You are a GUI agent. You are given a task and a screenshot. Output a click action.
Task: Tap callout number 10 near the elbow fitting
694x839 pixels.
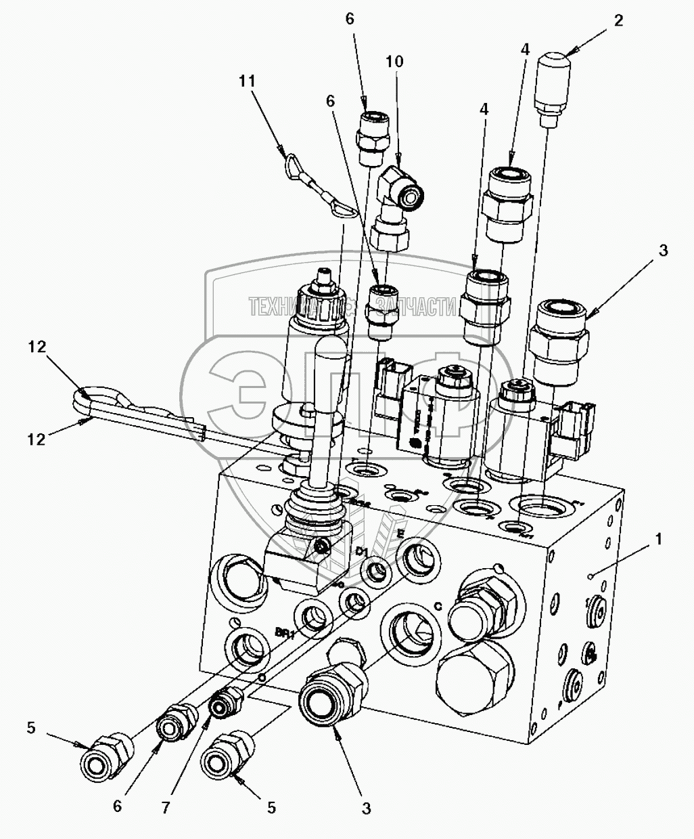[394, 62]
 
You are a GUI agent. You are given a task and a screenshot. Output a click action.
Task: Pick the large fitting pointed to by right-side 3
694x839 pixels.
[559, 339]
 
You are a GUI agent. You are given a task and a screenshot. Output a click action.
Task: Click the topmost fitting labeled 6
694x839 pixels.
[371, 135]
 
